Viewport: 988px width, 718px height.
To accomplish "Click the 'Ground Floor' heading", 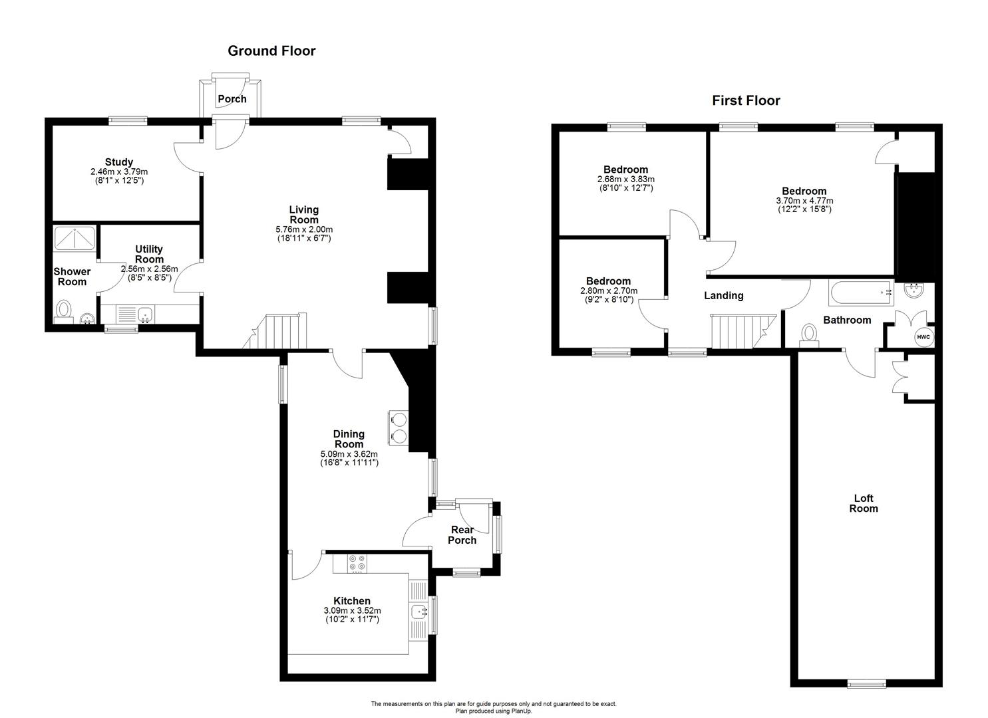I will (x=271, y=51).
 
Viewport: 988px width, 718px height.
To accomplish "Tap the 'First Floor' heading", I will (x=746, y=101).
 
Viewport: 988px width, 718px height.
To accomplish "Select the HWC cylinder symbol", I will (x=923, y=337).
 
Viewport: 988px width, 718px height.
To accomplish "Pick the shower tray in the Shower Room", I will (x=76, y=238).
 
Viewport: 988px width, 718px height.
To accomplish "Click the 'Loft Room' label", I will (x=864, y=503).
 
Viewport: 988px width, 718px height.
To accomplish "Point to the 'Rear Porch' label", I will (x=462, y=535).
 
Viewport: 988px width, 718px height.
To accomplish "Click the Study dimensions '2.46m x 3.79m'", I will (x=119, y=172).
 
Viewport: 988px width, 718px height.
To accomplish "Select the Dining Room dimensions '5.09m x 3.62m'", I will (x=349, y=454).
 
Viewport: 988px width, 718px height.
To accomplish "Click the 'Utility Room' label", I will (x=149, y=254).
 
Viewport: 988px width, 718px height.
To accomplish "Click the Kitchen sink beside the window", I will (x=418, y=612).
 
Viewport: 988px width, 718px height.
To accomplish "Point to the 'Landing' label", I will (x=724, y=296).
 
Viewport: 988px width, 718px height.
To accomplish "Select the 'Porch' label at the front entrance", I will (x=232, y=99).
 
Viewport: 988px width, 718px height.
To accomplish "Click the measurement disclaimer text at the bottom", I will (x=494, y=703).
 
